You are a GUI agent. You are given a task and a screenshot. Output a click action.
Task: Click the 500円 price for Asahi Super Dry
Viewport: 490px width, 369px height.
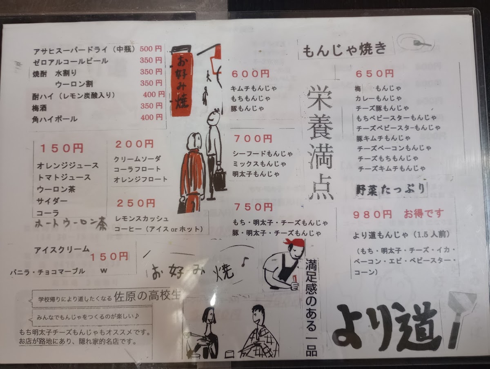(x=151, y=49)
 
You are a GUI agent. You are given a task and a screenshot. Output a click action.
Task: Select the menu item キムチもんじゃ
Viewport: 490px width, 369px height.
(x=254, y=88)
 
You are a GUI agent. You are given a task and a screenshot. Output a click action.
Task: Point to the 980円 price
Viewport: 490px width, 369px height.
(x=372, y=215)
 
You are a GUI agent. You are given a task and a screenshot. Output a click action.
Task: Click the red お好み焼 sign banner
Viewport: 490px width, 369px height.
(x=181, y=85)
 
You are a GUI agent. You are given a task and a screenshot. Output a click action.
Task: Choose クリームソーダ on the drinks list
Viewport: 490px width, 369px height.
(x=137, y=159)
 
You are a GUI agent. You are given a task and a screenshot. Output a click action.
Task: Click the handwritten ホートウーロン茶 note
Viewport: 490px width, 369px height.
(x=71, y=224)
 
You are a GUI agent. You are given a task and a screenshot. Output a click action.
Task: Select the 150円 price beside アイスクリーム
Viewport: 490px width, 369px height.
(x=109, y=257)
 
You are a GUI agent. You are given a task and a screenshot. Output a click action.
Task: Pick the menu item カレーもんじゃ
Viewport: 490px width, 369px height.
(x=379, y=98)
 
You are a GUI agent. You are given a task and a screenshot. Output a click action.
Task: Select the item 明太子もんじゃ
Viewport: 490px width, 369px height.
(x=256, y=174)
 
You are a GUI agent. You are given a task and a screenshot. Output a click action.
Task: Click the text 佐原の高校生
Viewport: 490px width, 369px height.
(x=147, y=296)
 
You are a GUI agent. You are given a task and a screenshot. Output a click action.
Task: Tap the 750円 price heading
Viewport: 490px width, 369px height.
(x=254, y=207)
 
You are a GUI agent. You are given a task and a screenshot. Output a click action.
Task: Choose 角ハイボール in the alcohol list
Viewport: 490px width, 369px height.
(x=55, y=119)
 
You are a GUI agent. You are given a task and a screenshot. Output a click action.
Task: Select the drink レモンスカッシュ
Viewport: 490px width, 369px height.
(x=142, y=219)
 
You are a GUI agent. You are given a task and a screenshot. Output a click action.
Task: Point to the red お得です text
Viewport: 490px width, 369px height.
(x=423, y=213)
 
